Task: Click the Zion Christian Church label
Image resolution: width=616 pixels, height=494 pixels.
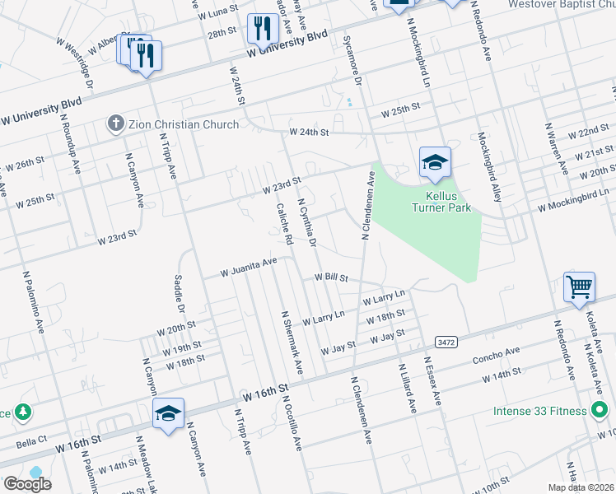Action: (x=183, y=124)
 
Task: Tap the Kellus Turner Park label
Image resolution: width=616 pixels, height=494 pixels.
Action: (x=441, y=202)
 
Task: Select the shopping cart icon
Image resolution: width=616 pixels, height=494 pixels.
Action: (x=580, y=288)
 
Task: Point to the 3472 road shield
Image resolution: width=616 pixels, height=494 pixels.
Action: (x=446, y=342)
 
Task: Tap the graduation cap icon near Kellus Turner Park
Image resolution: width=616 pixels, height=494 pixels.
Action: (x=435, y=164)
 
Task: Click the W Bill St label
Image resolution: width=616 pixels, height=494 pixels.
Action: (x=331, y=279)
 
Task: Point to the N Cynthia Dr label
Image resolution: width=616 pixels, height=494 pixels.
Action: (x=307, y=222)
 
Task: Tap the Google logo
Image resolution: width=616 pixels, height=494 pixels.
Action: (x=27, y=484)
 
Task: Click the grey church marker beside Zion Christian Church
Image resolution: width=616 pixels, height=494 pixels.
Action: (x=115, y=124)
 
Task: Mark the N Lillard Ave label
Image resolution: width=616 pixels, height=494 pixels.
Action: (x=406, y=389)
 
